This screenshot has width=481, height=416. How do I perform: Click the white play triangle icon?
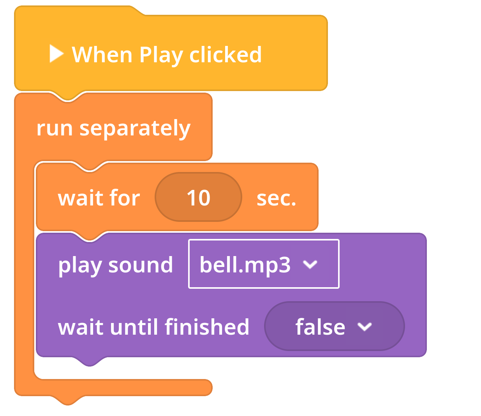[x=56, y=54]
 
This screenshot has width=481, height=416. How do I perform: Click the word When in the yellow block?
[x=102, y=55]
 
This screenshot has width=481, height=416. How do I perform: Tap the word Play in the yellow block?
[x=161, y=56]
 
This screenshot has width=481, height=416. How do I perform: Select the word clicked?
[x=226, y=54]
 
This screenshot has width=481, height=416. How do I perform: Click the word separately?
[x=135, y=129]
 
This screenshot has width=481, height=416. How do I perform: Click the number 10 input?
[x=198, y=197]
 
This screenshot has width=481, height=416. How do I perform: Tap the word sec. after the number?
[x=276, y=198]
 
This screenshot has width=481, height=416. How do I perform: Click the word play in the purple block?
[x=80, y=266]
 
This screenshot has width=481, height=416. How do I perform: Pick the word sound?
[x=141, y=265]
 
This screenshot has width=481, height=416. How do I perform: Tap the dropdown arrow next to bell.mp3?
[x=310, y=264]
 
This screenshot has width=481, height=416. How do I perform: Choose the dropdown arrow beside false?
[x=365, y=327]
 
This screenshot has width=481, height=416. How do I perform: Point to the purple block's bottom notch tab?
[x=89, y=361]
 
